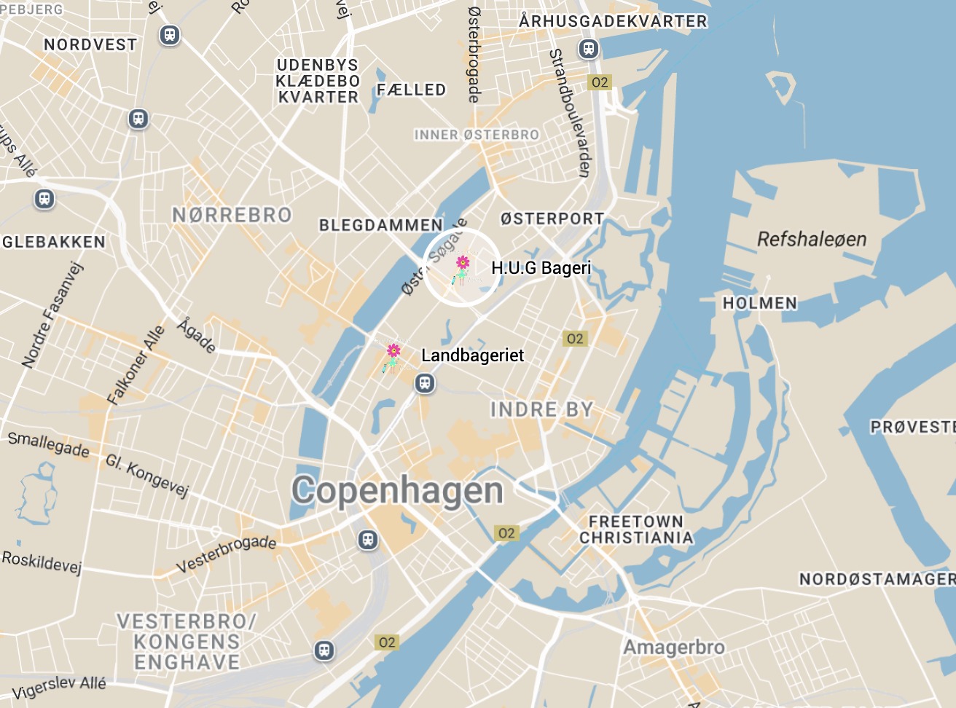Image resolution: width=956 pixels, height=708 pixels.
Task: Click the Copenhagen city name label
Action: pyautogui.click(x=397, y=491)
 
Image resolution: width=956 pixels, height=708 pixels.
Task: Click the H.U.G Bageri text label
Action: pyautogui.click(x=541, y=268)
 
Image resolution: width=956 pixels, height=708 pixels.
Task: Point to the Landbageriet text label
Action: pyautogui.click(x=472, y=355)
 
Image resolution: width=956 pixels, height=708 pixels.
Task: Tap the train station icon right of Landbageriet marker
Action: pyautogui.click(x=425, y=383)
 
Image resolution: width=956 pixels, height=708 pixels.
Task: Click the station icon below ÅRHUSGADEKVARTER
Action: pyautogui.click(x=588, y=49)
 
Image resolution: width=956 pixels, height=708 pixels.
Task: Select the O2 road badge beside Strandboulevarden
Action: pyautogui.click(x=600, y=82)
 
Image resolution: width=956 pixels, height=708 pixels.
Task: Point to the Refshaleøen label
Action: pyautogui.click(x=812, y=239)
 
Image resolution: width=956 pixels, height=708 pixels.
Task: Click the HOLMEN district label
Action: pyautogui.click(x=759, y=303)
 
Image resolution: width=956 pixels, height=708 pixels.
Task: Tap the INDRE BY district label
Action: pyautogui.click(x=541, y=410)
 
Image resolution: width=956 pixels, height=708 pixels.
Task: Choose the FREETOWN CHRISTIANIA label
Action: pyautogui.click(x=635, y=530)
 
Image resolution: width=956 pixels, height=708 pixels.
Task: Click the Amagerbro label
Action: pyautogui.click(x=674, y=647)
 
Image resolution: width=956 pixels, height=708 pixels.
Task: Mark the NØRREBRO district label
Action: pyautogui.click(x=232, y=215)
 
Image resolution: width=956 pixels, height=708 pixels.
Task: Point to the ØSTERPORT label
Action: pyautogui.click(x=552, y=219)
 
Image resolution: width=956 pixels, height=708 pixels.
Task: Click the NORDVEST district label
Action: pyautogui.click(x=90, y=44)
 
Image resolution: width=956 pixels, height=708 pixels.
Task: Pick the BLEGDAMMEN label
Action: pyautogui.click(x=380, y=225)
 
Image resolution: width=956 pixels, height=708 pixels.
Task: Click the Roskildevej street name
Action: pyautogui.click(x=42, y=562)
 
